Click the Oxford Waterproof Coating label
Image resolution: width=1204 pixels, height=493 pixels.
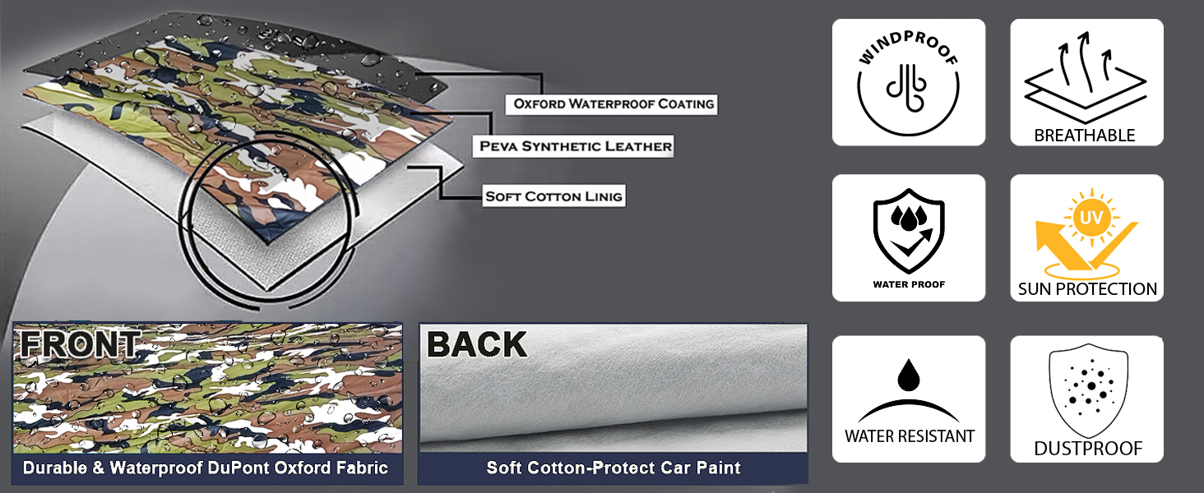pyautogui.click(x=614, y=104)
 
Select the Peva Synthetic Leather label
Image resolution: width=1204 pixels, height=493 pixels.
pyautogui.click(x=576, y=147)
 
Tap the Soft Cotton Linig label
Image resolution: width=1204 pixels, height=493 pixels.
pyautogui.click(x=553, y=196)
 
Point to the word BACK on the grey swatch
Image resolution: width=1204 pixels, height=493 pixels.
pyautogui.click(x=477, y=345)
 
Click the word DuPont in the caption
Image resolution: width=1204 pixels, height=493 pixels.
pyautogui.click(x=265, y=468)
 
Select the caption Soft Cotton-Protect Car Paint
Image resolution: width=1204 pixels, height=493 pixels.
pyautogui.click(x=614, y=468)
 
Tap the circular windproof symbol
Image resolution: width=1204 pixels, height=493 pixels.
pyautogui.click(x=908, y=87)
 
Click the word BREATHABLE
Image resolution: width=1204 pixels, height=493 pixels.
pyautogui.click(x=1085, y=136)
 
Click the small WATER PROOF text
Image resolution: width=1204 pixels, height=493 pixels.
pyautogui.click(x=909, y=284)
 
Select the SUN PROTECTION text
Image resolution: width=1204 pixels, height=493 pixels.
pyautogui.click(x=1087, y=289)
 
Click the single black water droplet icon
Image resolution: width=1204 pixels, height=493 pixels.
pyautogui.click(x=909, y=376)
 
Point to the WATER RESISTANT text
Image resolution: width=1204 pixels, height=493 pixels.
pyautogui.click(x=909, y=436)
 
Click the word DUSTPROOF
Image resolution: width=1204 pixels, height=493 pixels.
pyautogui.click(x=1087, y=449)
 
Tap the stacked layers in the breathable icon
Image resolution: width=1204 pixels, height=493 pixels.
pyautogui.click(x=1086, y=90)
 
